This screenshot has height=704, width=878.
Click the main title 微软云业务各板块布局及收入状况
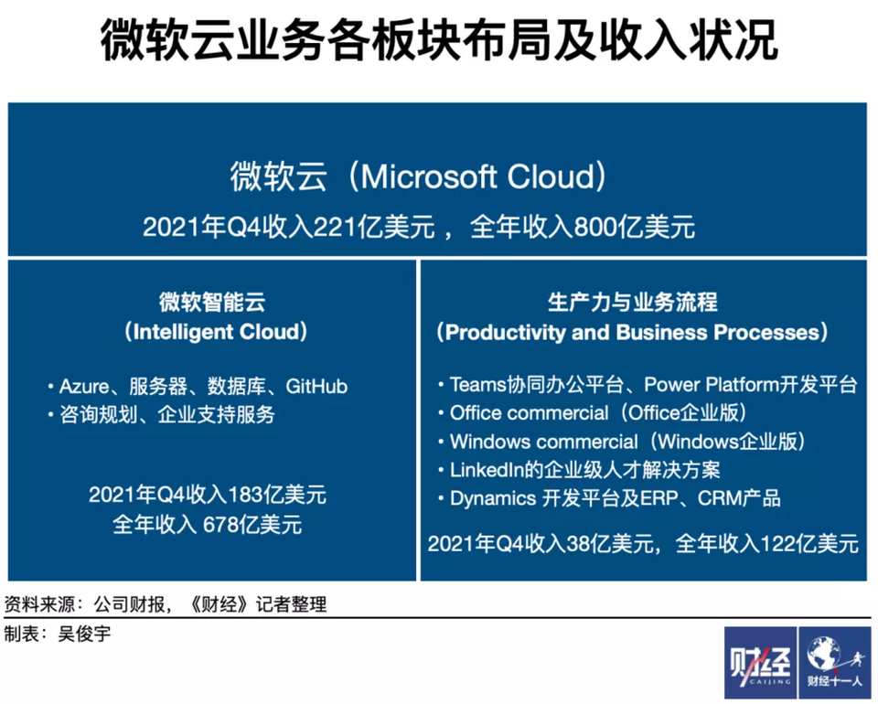click(439, 39)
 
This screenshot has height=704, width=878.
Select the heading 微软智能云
click(212, 303)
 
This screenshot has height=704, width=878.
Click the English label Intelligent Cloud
click(216, 331)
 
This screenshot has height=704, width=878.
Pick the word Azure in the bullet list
click(84, 387)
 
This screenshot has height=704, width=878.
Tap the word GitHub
click(316, 387)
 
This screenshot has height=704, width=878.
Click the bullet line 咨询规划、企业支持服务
click(166, 415)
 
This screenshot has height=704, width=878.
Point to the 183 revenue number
click(246, 495)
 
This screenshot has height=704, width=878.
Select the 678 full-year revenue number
click(220, 525)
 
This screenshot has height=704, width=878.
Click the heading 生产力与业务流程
click(632, 303)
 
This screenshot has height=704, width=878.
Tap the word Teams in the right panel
click(477, 385)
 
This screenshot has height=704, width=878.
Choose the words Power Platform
click(712, 385)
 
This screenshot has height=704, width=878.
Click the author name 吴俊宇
click(84, 634)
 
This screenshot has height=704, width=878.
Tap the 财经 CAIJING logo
click(760, 663)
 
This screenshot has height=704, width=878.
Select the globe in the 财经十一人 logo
click(822, 653)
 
